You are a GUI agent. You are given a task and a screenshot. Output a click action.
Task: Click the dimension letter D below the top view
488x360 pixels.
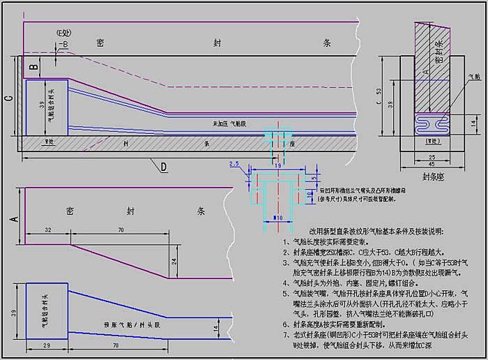(164, 167)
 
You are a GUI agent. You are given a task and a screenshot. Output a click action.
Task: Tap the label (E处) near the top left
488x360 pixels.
(65, 33)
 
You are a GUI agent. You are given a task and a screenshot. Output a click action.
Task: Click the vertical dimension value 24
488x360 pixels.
(174, 261)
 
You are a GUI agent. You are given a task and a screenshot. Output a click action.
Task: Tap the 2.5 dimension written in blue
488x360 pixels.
(234, 164)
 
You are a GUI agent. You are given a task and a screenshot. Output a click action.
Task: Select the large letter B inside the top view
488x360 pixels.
(33, 68)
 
